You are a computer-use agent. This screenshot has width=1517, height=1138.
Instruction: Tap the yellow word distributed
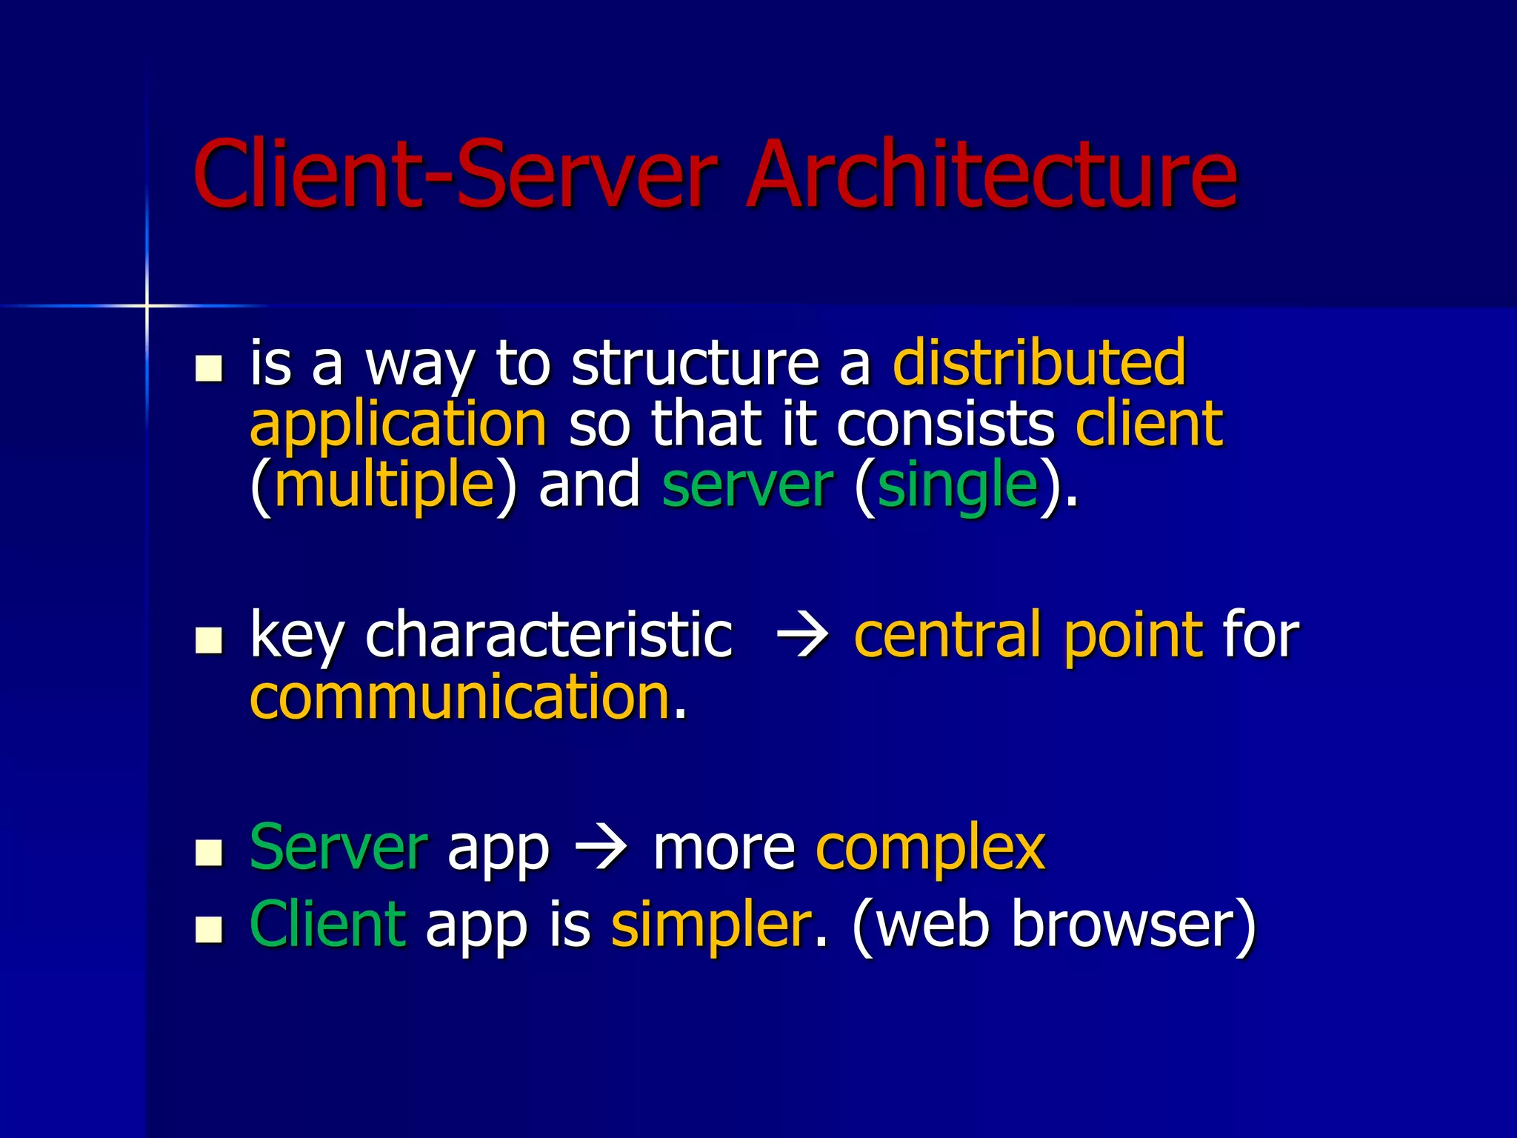pyautogui.click(x=1039, y=363)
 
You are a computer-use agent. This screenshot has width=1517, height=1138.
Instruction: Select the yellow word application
pyautogui.click(x=399, y=425)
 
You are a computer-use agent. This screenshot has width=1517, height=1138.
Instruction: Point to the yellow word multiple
pyautogui.click(x=384, y=485)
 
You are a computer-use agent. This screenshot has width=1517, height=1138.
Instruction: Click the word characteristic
pyautogui.click(x=549, y=635)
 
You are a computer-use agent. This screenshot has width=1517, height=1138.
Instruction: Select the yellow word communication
pyautogui.click(x=460, y=697)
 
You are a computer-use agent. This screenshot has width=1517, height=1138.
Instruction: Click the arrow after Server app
pyautogui.click(x=601, y=849)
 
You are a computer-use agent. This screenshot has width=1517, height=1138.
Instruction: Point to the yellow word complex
pyautogui.click(x=930, y=849)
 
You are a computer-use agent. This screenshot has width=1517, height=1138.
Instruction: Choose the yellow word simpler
pyautogui.click(x=711, y=925)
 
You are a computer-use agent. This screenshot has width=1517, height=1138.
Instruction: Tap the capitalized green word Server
pyautogui.click(x=339, y=848)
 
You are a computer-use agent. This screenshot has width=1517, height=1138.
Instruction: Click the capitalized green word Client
pyautogui.click(x=327, y=925)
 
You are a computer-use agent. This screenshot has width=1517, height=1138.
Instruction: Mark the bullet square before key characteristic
pyautogui.click(x=209, y=640)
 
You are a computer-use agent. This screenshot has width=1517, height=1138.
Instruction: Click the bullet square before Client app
pyautogui.click(x=209, y=929)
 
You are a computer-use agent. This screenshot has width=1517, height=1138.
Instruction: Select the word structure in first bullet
pyautogui.click(x=695, y=363)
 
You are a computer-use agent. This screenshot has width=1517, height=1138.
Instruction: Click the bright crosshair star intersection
pyautogui.click(x=147, y=305)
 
